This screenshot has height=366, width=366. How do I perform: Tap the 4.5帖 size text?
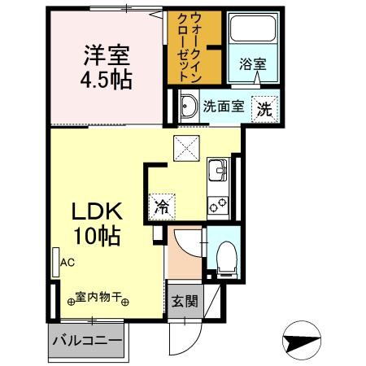point(106,81)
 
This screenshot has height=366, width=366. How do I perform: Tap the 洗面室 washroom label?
point(223,106)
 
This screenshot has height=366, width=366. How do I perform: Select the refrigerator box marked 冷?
point(163,207)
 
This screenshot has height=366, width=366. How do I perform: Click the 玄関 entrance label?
point(183,301)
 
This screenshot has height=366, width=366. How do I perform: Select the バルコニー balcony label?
point(87,339)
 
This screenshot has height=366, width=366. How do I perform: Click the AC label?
point(67,262)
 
